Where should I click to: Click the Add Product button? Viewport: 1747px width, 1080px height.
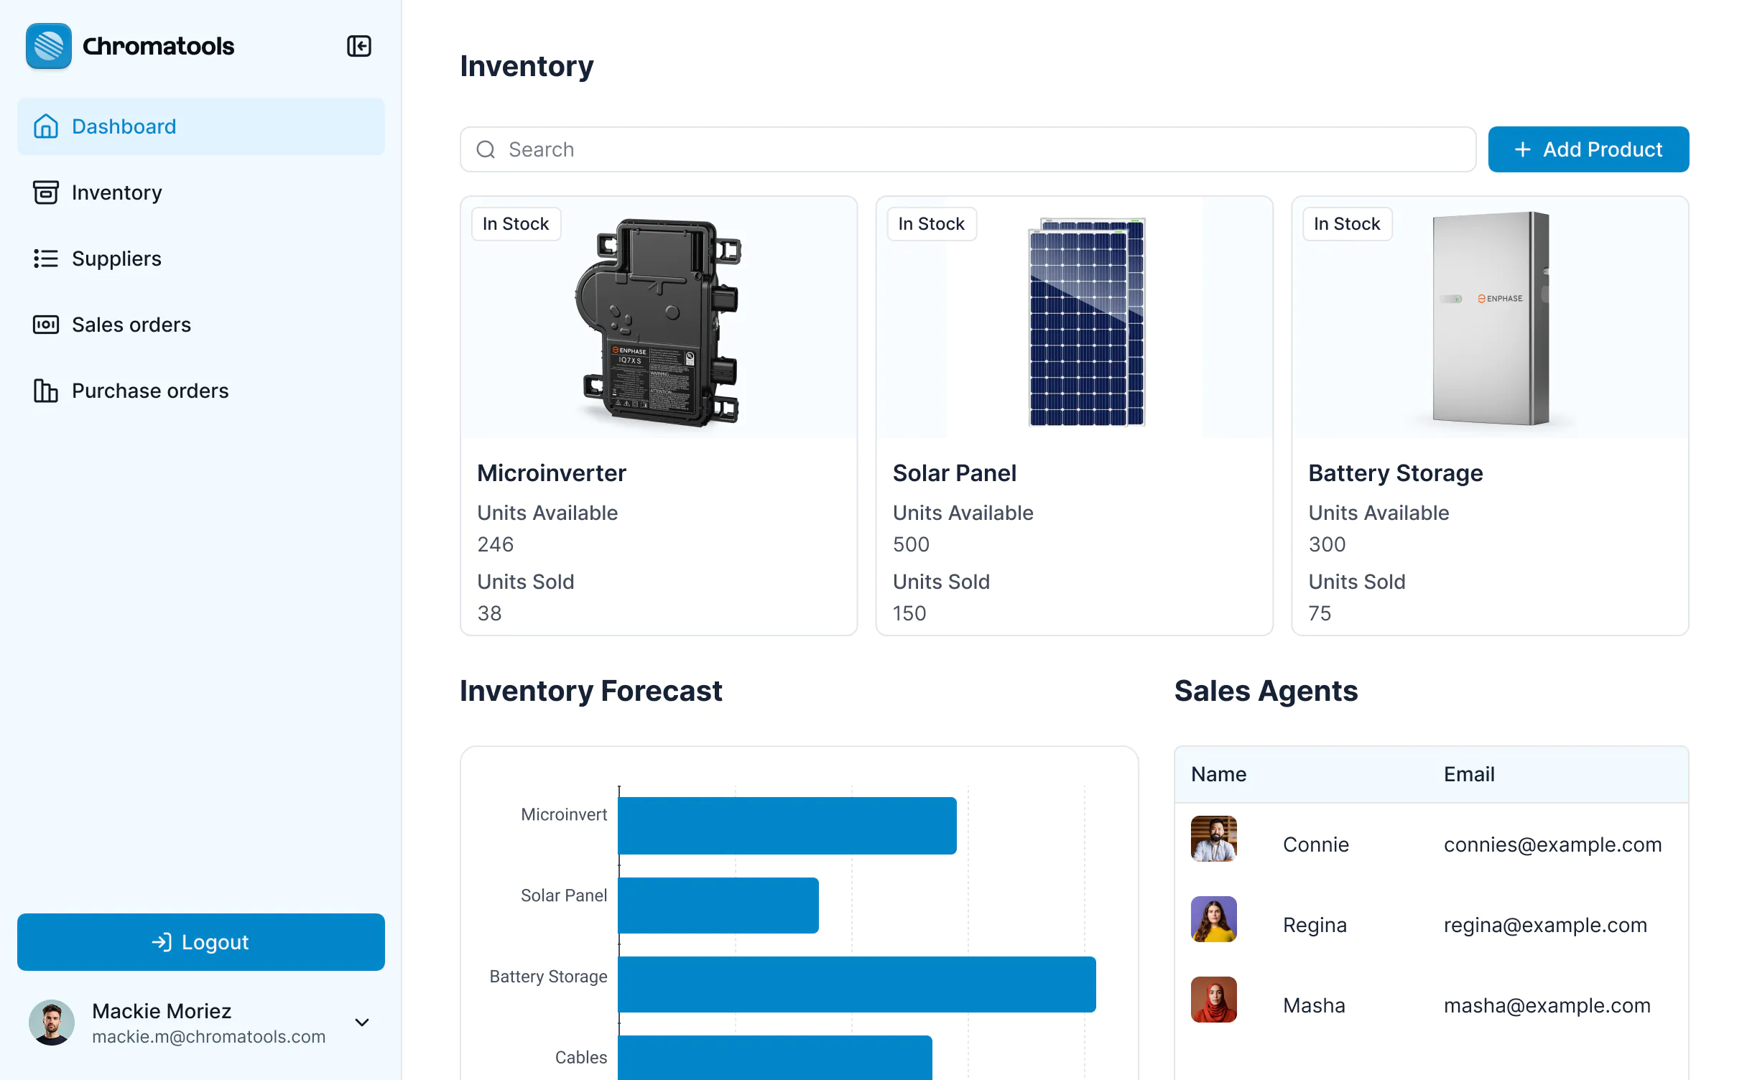pyautogui.click(x=1588, y=149)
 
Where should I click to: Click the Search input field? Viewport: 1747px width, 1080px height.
pyautogui.click(x=967, y=149)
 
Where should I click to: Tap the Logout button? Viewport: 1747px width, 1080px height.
pyautogui.click(x=200, y=941)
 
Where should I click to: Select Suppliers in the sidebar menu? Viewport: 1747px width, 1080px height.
pyautogui.click(x=116, y=259)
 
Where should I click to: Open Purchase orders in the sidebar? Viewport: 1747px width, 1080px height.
pyautogui.click(x=149, y=391)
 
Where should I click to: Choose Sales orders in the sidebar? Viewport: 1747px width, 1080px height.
pyautogui.click(x=131, y=325)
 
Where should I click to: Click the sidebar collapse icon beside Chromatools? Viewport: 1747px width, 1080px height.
pyautogui.click(x=358, y=46)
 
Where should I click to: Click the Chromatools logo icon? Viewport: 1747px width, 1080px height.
pyautogui.click(x=49, y=46)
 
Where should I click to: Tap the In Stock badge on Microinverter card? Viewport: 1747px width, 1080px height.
pyautogui.click(x=516, y=224)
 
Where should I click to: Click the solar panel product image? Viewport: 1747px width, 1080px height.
pyautogui.click(x=1086, y=322)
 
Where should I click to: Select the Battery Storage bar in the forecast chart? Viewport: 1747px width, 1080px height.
pyautogui.click(x=856, y=984)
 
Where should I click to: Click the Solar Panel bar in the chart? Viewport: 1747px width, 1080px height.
pyautogui.click(x=718, y=905)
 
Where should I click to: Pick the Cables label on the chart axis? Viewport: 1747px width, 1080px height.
pyautogui.click(x=580, y=1057)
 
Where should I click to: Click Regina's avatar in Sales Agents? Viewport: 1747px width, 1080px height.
pyautogui.click(x=1213, y=919)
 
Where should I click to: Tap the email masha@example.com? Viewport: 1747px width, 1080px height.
pyautogui.click(x=1547, y=1005)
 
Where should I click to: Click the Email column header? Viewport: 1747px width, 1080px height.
pyautogui.click(x=1469, y=774)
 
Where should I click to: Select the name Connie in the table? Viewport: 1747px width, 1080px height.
pyautogui.click(x=1315, y=844)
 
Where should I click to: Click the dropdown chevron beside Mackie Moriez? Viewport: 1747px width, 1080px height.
pyautogui.click(x=362, y=1022)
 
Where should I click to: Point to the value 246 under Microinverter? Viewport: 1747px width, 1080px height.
pyautogui.click(x=495, y=544)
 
